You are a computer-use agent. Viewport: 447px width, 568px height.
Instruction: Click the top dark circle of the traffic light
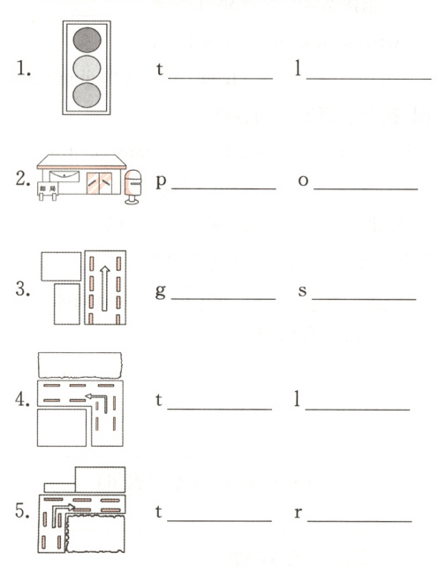tap(87, 40)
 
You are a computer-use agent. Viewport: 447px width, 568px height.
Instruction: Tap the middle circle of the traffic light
tap(87, 68)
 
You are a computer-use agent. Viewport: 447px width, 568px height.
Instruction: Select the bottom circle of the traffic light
tap(87, 96)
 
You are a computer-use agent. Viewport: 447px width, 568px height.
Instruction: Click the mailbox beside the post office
tap(133, 187)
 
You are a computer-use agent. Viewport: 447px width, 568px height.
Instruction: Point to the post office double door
tap(99, 183)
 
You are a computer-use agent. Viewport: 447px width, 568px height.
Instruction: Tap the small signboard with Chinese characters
tap(48, 189)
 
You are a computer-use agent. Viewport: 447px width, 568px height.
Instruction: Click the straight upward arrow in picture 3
tap(105, 288)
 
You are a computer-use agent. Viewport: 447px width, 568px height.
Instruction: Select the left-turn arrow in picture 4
tap(96, 401)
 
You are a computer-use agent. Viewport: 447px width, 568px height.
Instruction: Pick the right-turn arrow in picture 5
tap(63, 511)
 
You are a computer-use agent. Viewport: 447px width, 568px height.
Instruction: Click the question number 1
tap(24, 68)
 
